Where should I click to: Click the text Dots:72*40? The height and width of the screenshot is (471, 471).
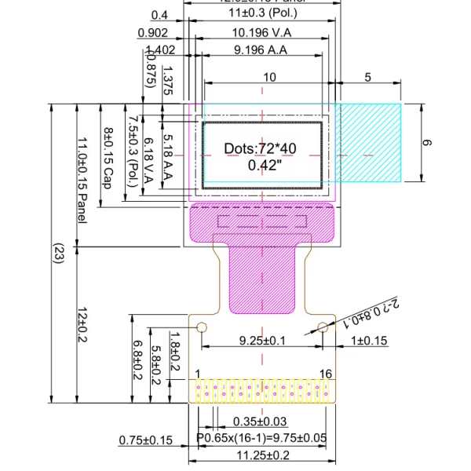coord(261,148)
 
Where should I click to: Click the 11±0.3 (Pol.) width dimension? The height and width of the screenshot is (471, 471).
coord(261,14)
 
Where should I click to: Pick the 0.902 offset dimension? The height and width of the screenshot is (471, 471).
coord(152,32)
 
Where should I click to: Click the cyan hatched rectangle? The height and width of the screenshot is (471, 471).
coord(370,142)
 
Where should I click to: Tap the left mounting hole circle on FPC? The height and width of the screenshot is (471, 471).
coord(201,327)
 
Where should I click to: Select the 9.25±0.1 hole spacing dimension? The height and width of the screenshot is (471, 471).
coord(261,341)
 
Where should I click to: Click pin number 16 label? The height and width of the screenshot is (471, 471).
coord(326,373)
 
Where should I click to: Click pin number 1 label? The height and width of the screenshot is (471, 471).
coord(198,373)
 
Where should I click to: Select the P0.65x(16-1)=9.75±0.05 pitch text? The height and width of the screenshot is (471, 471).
coord(261,438)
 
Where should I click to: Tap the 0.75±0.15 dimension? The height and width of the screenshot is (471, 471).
coord(145,440)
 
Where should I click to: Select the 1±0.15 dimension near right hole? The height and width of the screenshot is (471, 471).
coord(369,341)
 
